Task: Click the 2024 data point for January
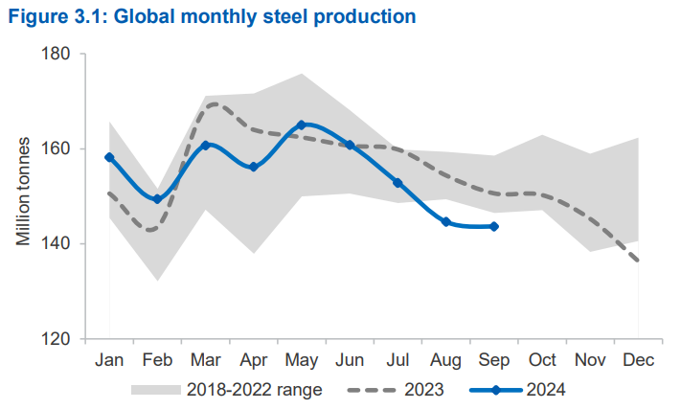[109, 157]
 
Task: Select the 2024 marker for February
[157, 199]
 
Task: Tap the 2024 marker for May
[301, 125]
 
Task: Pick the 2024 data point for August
[445, 222]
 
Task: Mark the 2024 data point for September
[494, 227]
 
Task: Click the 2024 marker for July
[397, 182]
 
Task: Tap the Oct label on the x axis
[542, 360]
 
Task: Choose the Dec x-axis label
[638, 360]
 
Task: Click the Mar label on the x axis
[205, 360]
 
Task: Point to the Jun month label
[350, 360]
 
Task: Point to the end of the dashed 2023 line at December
[638, 261]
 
